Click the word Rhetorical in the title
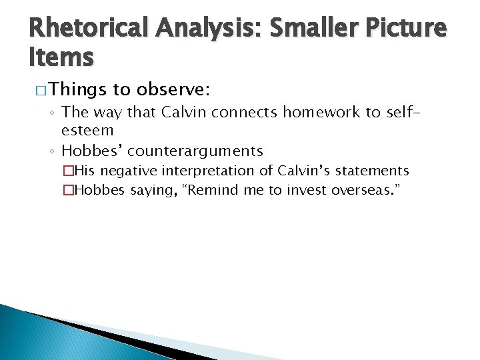pos(90,27)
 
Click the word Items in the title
pos(61,58)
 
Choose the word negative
pos(125,171)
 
